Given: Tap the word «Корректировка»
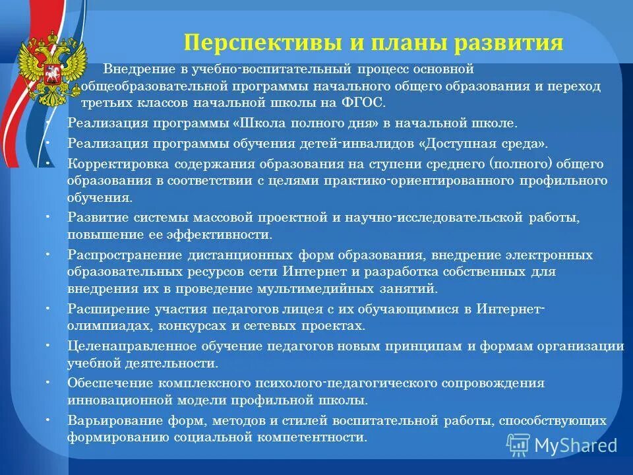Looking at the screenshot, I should tap(110, 163).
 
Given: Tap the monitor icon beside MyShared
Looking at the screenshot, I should tap(518, 445).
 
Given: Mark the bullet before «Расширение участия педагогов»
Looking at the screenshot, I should tap(51, 309).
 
